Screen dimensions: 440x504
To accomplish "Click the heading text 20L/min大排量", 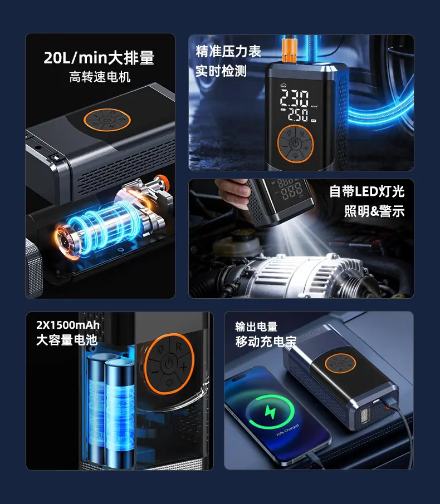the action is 99,58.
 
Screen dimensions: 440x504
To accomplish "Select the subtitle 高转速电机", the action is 100,77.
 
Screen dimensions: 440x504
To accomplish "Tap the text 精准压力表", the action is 228,51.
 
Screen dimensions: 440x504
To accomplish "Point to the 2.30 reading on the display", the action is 294,98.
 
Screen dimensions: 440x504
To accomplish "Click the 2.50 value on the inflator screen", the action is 298,115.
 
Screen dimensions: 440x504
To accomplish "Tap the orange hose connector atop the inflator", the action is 289,50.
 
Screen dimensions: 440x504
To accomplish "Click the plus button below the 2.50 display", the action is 305,148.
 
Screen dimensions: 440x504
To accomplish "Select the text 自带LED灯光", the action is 366,191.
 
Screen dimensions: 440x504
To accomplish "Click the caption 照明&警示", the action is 374,211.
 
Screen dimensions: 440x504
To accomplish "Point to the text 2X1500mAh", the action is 68,325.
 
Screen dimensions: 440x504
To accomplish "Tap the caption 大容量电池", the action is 67,340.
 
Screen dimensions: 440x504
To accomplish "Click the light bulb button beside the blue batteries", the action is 160,349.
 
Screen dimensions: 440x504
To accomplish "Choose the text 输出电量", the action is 256,327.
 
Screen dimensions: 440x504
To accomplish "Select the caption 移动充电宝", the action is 266,342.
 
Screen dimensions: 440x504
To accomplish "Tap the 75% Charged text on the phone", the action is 287,430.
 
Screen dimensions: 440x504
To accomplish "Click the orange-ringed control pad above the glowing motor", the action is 107,120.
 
